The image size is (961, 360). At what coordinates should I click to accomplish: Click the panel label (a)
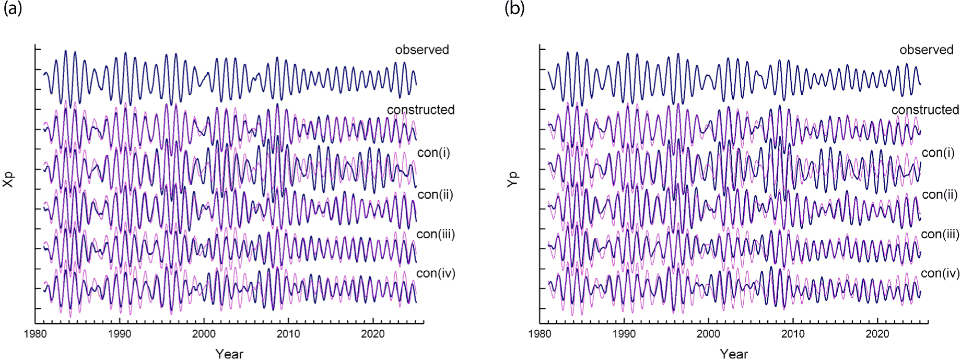(13, 9)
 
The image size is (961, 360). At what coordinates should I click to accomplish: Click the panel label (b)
(514, 9)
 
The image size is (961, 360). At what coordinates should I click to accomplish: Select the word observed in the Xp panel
(421, 50)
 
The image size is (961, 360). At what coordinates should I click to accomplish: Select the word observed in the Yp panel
(926, 50)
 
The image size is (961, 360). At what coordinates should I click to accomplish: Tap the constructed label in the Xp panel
(420, 110)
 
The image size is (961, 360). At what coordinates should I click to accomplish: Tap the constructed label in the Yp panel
(925, 110)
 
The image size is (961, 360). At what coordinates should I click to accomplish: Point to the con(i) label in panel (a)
(433, 153)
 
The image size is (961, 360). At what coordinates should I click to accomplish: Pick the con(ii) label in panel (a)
(435, 195)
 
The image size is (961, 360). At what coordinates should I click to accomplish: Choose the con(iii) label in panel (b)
(940, 235)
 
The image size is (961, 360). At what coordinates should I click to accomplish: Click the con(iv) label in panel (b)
(940, 274)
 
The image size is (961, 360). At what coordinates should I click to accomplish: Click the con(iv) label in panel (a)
(436, 274)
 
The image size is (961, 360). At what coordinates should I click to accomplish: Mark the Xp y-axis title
(8, 180)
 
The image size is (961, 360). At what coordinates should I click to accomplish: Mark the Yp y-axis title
(513, 180)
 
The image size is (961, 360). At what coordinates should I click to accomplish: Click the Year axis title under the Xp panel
(229, 354)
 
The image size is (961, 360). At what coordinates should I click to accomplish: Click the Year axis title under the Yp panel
(734, 354)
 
